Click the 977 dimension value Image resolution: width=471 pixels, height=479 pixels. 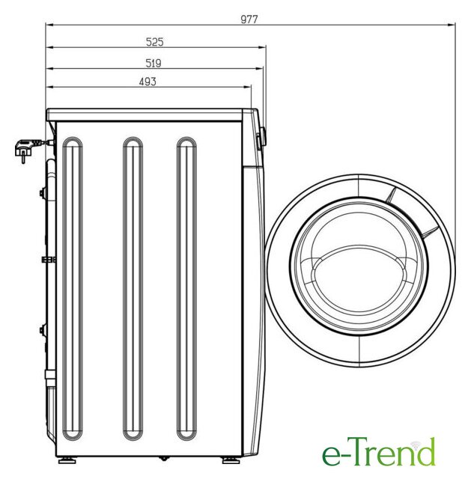(x=249, y=19)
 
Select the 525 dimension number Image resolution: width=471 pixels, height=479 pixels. (x=155, y=42)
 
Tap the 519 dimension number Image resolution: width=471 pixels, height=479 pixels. (x=153, y=63)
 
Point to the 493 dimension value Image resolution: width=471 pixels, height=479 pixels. (x=148, y=82)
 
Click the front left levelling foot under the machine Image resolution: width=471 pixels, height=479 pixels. (x=231, y=460)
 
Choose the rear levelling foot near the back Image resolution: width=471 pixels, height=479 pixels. (x=67, y=460)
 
